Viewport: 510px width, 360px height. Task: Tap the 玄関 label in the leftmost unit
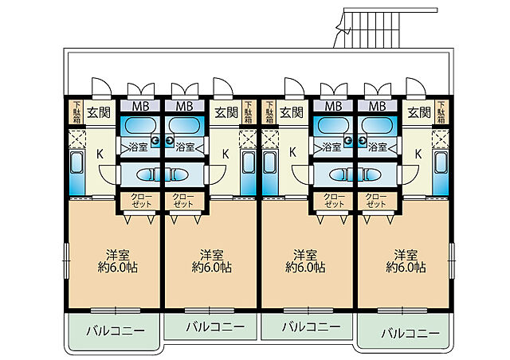pos(99,112)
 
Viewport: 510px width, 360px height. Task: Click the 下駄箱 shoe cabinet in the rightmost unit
pos(441,112)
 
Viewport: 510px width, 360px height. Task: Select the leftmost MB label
pos(140,106)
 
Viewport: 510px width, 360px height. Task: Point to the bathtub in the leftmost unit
pos(140,125)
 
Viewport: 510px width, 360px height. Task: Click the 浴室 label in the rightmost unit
pos(378,147)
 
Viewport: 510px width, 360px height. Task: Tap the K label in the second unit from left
pos(226,154)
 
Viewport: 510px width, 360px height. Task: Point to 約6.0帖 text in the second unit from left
pos(211,268)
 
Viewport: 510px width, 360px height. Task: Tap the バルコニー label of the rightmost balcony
pos(410,333)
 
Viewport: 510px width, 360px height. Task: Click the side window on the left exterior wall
pos(66,260)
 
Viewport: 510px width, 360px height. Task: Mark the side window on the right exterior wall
pos(452,260)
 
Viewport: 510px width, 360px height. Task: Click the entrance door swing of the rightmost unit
pos(416,88)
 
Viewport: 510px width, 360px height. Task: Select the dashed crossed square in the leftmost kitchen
pos(76,139)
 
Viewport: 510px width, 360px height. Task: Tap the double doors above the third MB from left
pos(334,91)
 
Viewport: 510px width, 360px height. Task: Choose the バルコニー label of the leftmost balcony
pos(116,331)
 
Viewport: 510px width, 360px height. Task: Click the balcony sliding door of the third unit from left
pos(308,311)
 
